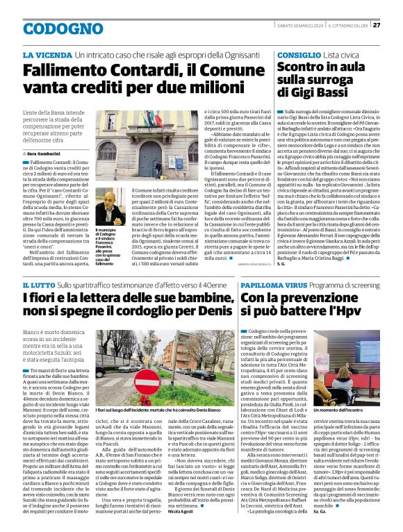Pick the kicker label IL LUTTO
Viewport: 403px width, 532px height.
click(x=39, y=286)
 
